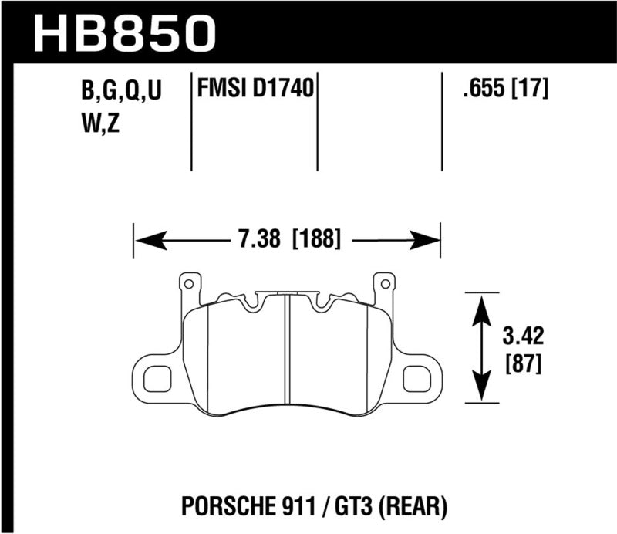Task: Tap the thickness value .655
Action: (477, 90)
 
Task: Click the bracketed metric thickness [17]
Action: (529, 90)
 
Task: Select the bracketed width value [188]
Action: (316, 239)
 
